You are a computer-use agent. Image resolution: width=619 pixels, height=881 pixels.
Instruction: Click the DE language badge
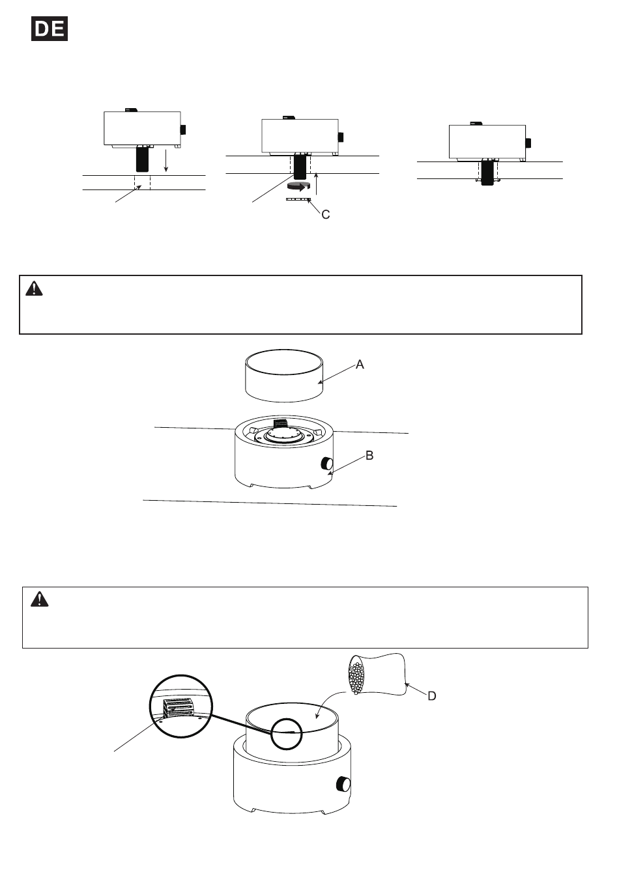coord(50,29)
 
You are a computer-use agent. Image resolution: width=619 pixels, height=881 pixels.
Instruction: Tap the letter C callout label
coord(325,214)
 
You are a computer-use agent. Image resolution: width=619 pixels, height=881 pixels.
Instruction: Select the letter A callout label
coord(360,365)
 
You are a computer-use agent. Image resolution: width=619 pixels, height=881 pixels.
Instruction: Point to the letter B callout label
coord(369,455)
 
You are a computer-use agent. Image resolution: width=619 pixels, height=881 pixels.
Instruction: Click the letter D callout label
coord(432,696)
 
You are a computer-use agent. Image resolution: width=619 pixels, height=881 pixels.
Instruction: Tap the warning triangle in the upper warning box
coord(35,288)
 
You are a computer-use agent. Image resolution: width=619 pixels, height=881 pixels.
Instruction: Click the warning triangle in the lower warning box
coord(39,600)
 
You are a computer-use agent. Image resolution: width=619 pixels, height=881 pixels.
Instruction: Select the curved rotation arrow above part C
coord(298,187)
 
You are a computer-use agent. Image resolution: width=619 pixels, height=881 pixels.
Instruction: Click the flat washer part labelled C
coord(298,199)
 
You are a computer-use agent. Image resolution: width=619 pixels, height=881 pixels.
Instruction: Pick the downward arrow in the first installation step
coord(166,160)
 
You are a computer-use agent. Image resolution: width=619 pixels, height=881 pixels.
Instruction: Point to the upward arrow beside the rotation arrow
coord(316,184)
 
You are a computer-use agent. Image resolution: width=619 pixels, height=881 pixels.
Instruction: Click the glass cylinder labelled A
coord(284,376)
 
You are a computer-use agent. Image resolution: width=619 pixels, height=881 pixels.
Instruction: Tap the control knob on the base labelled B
coord(327,464)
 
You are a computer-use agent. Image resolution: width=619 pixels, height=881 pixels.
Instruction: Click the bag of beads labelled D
coord(377,675)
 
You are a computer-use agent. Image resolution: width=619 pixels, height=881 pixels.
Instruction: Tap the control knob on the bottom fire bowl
coord(343,785)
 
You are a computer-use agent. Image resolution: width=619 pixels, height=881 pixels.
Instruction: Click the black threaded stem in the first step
coord(143,158)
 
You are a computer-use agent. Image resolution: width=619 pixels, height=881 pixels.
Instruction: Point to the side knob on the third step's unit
coord(528,143)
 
